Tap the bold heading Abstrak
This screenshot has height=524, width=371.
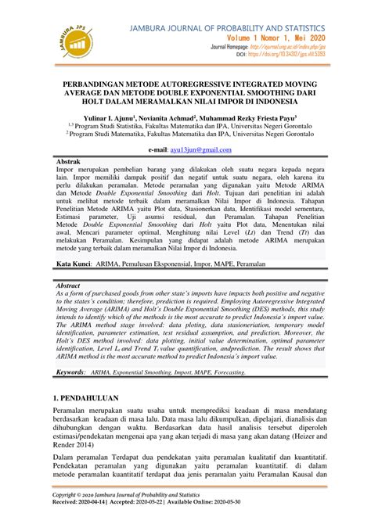tap(69, 160)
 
